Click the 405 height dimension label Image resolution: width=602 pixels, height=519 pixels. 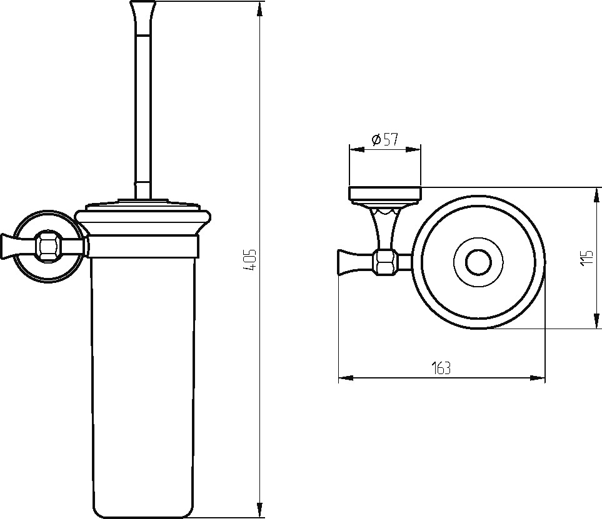point(250,260)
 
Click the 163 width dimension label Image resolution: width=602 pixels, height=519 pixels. point(441,368)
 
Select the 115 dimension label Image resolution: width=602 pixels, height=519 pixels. point(588,258)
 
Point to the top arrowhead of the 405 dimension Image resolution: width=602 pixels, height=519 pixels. point(259,9)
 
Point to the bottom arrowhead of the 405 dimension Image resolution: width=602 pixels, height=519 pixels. point(259,510)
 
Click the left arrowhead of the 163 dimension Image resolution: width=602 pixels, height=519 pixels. point(346,378)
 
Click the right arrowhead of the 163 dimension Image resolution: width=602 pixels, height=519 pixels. point(538,378)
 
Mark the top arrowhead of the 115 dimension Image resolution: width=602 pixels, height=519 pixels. point(596,195)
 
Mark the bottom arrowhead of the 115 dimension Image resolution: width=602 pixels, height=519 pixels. point(596,321)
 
